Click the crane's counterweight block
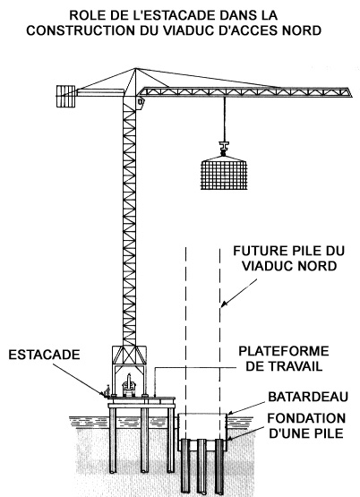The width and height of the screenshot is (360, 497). click(66, 96)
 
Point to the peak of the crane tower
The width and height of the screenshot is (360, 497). click(135, 68)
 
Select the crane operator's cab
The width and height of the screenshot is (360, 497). click(141, 102)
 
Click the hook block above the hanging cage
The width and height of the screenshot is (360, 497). click(224, 149)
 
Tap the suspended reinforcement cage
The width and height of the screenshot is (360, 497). click(224, 173)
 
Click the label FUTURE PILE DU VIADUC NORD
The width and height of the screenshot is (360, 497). click(288, 258)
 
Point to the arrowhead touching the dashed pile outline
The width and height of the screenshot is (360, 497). click(223, 304)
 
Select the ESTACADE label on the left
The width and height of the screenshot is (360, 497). click(44, 355)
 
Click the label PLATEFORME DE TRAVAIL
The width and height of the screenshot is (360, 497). click(284, 359)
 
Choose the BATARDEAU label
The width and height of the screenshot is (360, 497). click(308, 397)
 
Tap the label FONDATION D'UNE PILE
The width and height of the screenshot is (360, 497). click(306, 425)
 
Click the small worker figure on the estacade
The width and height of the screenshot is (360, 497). click(107, 390)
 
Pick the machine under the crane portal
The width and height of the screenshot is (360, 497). click(129, 385)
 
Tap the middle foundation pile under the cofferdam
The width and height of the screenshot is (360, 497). click(201, 467)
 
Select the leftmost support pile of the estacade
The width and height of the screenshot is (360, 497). click(113, 440)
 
